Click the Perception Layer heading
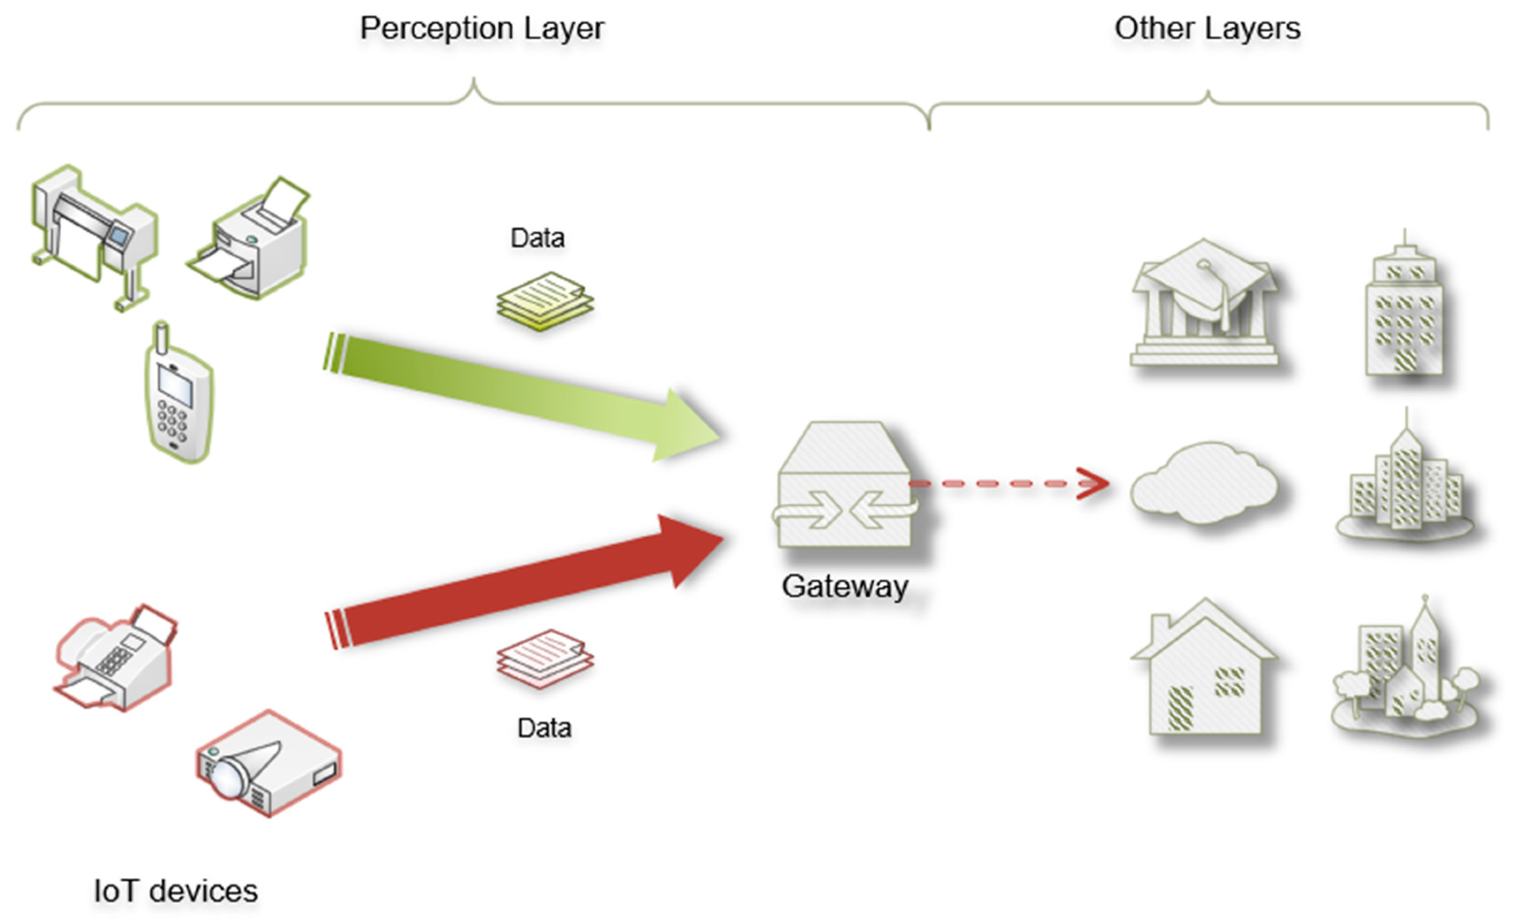[x=482, y=28]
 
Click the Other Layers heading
[x=1207, y=28]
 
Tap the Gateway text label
[x=844, y=586]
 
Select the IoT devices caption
[x=176, y=891]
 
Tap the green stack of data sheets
[x=545, y=302]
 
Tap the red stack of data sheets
[x=545, y=658]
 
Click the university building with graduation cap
[x=1204, y=305]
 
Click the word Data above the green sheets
[x=538, y=238]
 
